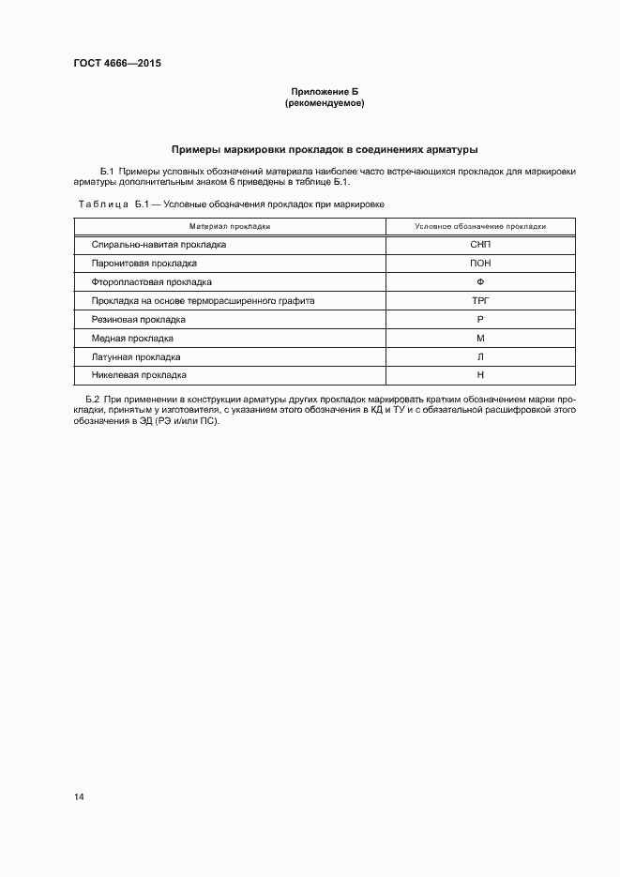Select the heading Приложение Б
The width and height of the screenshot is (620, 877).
(x=324, y=92)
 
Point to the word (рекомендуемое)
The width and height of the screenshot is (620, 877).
(x=324, y=103)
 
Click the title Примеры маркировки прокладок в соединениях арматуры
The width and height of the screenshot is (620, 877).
(x=324, y=149)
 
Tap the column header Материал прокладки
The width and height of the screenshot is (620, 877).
(x=230, y=226)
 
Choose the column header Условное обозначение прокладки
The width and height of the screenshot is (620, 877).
(x=480, y=226)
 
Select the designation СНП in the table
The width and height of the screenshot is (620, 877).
(x=480, y=245)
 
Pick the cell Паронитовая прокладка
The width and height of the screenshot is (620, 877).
(x=144, y=264)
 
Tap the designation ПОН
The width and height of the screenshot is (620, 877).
(x=480, y=264)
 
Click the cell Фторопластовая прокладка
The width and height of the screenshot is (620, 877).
(x=151, y=282)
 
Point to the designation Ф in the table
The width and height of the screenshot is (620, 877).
(x=480, y=282)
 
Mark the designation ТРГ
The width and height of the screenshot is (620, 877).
(x=480, y=301)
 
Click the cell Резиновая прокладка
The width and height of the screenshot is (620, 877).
(x=138, y=320)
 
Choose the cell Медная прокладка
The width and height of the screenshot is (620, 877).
(x=132, y=339)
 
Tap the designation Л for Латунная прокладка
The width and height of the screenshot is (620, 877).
(x=480, y=357)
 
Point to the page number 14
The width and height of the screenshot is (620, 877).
(x=79, y=797)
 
